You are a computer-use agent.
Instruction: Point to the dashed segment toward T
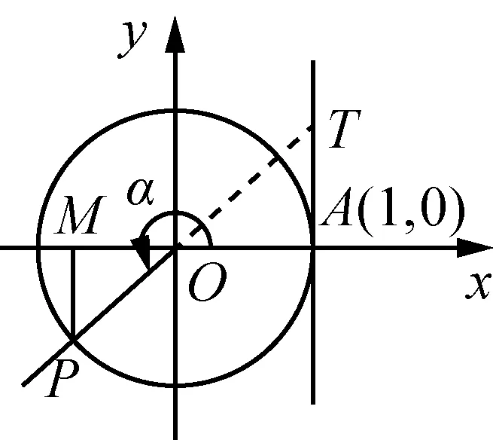tap(248, 180)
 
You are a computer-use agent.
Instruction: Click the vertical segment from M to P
tap(72, 294)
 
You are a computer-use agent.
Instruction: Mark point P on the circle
tap(72, 341)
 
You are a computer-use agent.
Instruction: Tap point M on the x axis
tap(72, 247)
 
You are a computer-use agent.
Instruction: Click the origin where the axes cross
tap(175, 247)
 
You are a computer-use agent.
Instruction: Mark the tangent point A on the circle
tap(312, 247)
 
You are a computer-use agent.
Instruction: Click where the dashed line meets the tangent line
tap(312, 125)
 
